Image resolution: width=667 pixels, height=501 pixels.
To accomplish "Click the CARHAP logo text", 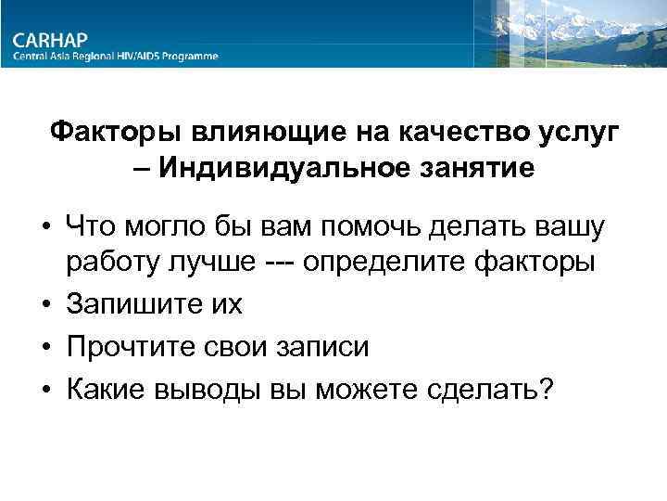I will [50, 39].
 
